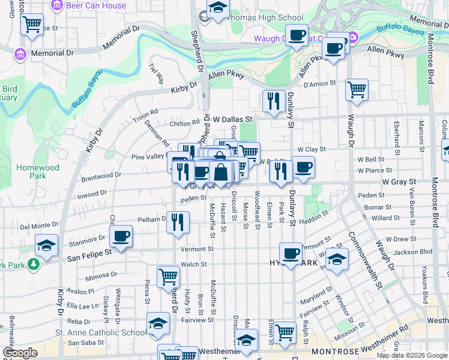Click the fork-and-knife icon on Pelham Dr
pyautogui.click(x=177, y=222)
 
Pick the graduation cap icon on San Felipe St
pyautogui.click(x=46, y=245)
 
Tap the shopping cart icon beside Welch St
pyautogui.click(x=168, y=277)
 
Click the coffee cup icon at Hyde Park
pyautogui.click(x=291, y=253)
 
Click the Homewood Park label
pyautogui.click(x=31, y=172)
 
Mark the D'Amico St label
pyautogui.click(x=319, y=85)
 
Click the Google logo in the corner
pyautogui.click(x=20, y=353)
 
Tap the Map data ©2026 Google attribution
pyautogui.click(x=412, y=355)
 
